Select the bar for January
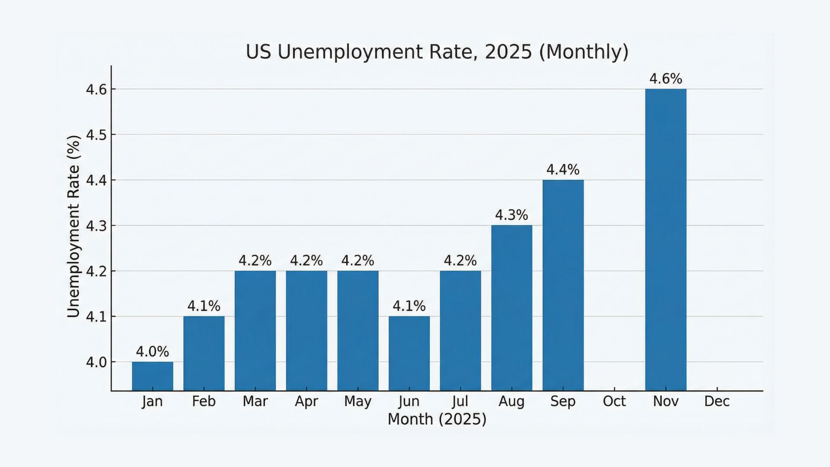152,376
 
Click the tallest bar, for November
665,240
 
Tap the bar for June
409,353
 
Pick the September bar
563,285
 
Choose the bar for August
511,308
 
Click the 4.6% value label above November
665,79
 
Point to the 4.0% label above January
152,352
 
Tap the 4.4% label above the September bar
563,170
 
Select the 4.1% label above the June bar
409,306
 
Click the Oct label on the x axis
614,401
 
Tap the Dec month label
717,401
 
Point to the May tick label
358,402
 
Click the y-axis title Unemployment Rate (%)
74,226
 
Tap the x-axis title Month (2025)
437,419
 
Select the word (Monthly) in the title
584,52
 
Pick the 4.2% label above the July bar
460,261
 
